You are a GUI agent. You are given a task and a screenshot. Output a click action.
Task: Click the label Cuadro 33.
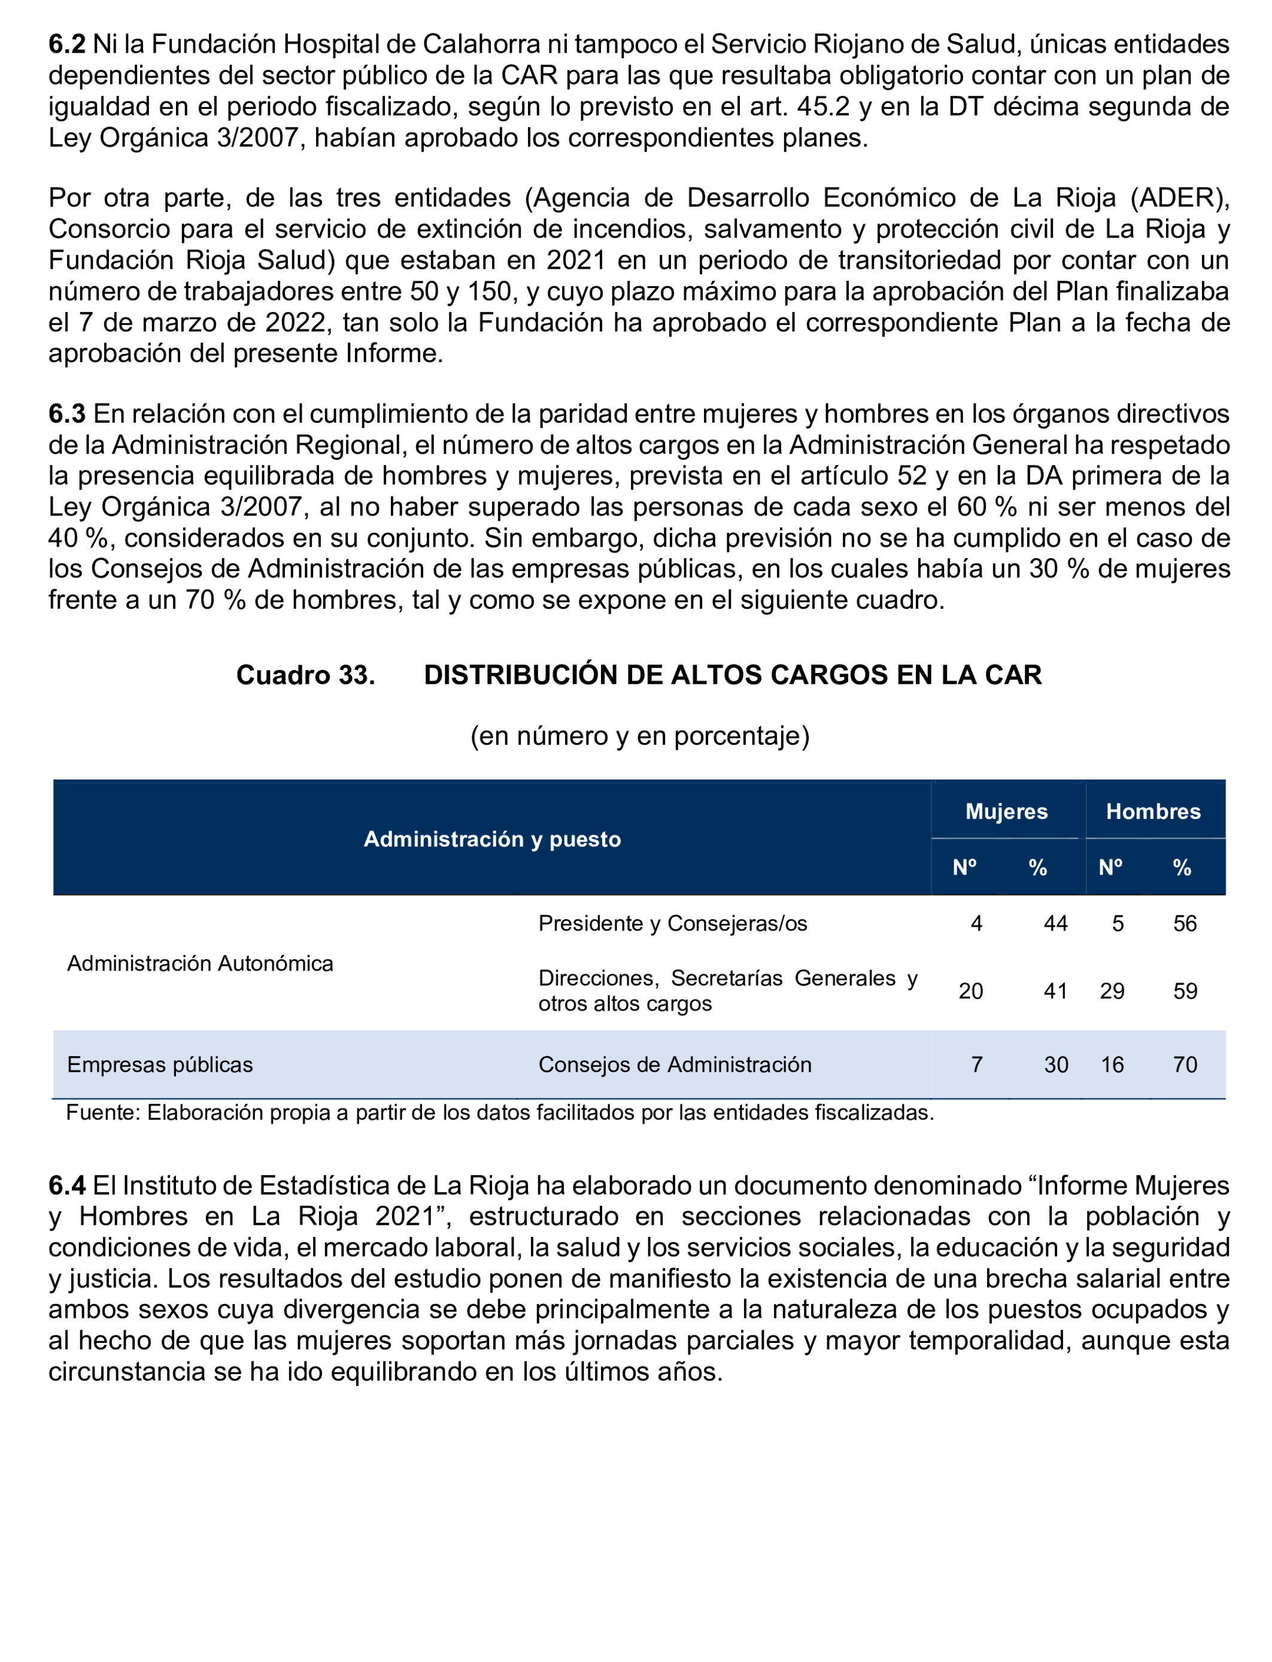(x=305, y=675)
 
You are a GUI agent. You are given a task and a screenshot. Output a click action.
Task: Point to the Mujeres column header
(x=1006, y=812)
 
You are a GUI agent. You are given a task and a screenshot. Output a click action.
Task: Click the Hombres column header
(x=1153, y=812)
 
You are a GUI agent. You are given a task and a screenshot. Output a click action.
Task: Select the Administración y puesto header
(x=492, y=839)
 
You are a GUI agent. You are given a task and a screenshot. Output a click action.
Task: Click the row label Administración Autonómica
(x=200, y=963)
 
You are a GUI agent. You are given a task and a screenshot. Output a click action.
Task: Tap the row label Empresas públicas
(x=160, y=1064)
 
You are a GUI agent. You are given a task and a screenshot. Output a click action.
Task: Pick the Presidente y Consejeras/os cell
(x=672, y=923)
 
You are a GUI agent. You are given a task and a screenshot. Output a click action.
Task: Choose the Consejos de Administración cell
(x=675, y=1064)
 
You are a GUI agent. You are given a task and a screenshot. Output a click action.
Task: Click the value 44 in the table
(x=1055, y=923)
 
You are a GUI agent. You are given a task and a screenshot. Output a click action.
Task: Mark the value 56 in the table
(x=1185, y=923)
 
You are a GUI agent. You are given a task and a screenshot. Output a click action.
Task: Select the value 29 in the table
(x=1112, y=991)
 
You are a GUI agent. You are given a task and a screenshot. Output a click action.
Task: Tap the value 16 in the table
(x=1112, y=1064)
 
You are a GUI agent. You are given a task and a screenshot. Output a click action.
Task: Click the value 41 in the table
(x=1055, y=991)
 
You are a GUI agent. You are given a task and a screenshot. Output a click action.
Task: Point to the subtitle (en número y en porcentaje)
(x=640, y=735)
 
